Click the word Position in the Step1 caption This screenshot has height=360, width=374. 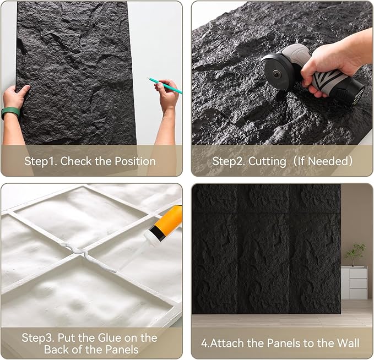[x=132, y=161]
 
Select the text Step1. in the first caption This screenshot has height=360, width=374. [x=41, y=161]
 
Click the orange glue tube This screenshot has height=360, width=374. [x=169, y=220]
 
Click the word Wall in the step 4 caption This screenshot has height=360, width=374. [x=348, y=343]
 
